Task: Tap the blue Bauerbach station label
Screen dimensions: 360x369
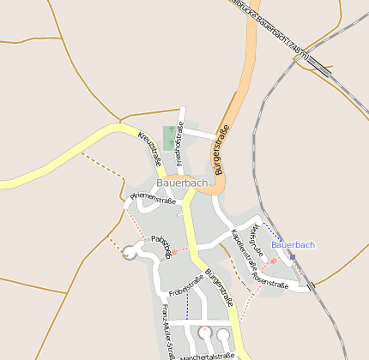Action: (293, 245)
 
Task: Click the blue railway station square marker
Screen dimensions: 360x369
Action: (293, 256)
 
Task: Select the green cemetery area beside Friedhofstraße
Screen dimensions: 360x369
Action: (169, 137)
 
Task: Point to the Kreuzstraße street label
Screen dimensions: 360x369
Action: (150, 149)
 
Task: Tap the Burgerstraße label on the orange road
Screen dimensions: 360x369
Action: (222, 150)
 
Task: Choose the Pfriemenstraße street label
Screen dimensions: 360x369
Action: (153, 200)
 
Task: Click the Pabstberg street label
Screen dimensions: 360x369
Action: (161, 243)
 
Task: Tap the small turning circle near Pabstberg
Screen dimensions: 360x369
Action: (130, 251)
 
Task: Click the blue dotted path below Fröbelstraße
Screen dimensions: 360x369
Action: (186, 307)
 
